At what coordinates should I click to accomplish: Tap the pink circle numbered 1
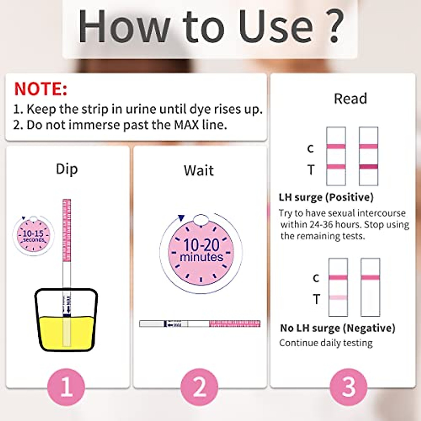(x=66, y=387)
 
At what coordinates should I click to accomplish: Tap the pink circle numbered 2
(x=199, y=387)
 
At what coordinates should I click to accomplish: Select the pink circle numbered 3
(x=348, y=387)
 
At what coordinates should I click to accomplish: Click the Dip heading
(x=67, y=169)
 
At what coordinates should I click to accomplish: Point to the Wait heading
(x=199, y=171)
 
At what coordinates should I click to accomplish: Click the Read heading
(x=350, y=99)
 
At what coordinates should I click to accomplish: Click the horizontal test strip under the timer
(x=200, y=323)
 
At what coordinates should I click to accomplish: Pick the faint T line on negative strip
(x=338, y=298)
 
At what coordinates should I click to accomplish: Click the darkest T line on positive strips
(x=368, y=167)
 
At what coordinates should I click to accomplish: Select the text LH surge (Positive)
(x=326, y=197)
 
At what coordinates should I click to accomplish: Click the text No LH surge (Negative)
(x=338, y=328)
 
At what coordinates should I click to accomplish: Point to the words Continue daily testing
(x=326, y=343)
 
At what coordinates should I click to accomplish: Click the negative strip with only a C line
(x=370, y=287)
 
